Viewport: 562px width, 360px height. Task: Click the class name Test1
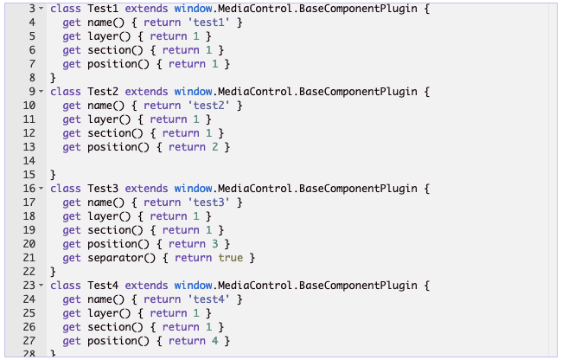(104, 8)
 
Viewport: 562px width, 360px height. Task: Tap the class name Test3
(104, 188)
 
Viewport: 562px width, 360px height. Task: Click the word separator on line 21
(116, 258)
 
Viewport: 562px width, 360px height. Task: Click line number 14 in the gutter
(29, 161)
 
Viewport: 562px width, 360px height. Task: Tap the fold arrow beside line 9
(42, 91)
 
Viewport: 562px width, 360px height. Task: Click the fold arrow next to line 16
(42, 188)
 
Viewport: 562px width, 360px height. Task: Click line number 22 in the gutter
(29, 272)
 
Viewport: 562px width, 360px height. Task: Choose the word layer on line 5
(103, 35)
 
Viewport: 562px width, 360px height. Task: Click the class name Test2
(104, 91)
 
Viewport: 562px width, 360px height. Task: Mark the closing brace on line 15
(53, 175)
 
